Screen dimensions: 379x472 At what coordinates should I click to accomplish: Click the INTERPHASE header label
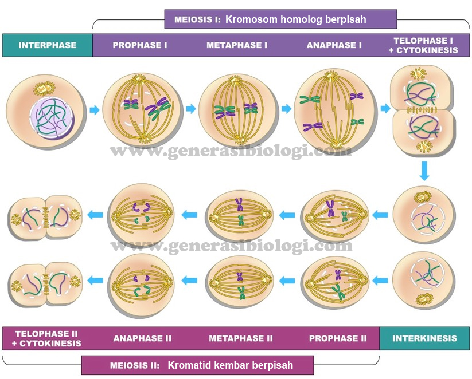tap(48, 45)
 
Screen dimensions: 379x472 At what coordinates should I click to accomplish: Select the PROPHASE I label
tap(141, 45)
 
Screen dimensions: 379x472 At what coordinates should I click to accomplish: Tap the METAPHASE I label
tap(237, 45)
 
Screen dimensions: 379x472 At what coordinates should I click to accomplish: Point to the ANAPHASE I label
tap(334, 45)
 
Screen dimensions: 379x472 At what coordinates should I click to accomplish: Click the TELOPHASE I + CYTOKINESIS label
tap(426, 45)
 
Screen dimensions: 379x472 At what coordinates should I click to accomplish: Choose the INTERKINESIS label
tap(424, 338)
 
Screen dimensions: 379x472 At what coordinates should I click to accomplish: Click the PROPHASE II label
tap(338, 338)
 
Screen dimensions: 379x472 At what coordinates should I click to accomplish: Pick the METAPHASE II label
tap(240, 338)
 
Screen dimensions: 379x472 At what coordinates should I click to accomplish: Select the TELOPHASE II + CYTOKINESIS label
tap(48, 338)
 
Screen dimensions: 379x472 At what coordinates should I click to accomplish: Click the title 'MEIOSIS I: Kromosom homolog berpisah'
tap(280, 19)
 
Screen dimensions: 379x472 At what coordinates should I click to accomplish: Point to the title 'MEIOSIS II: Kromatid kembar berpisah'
tap(197, 365)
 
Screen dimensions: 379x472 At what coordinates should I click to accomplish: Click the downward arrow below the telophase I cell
tap(424, 171)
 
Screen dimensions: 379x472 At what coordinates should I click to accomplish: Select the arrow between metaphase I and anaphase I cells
tap(287, 108)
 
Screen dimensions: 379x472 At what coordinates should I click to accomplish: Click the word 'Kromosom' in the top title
tap(246, 19)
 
